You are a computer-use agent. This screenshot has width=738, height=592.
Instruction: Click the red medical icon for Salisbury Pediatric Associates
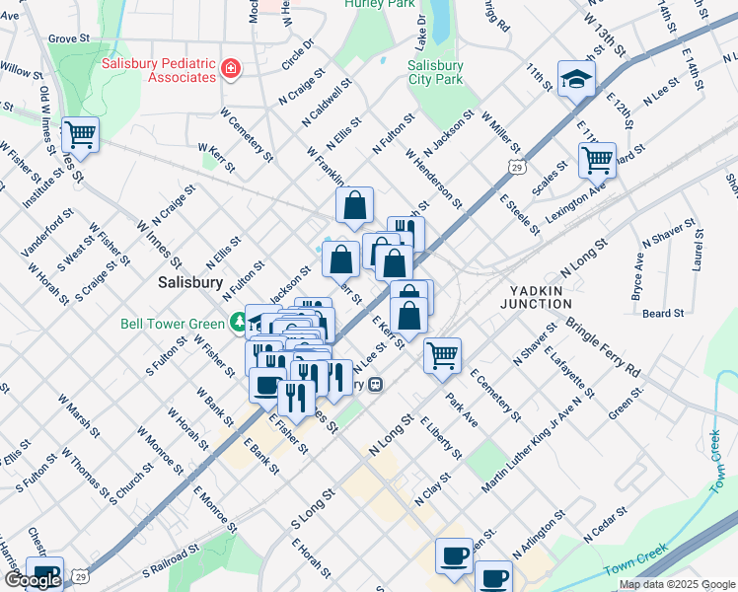[231, 68]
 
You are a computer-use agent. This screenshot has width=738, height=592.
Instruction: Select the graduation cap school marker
[576, 80]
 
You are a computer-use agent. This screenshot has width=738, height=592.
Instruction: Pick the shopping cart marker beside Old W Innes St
[81, 133]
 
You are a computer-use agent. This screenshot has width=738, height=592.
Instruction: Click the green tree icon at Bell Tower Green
[237, 322]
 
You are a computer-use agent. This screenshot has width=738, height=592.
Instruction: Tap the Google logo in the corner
[32, 580]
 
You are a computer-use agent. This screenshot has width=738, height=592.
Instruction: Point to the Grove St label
[69, 38]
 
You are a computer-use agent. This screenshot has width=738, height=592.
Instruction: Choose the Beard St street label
[663, 314]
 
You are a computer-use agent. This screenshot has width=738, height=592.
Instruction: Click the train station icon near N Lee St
[375, 385]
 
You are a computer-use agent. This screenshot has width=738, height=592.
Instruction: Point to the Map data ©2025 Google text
[676, 585]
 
